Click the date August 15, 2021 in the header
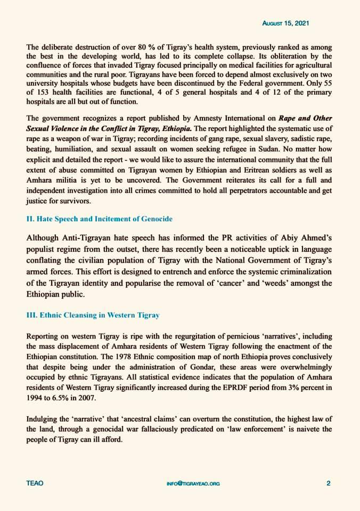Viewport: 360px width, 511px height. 286,24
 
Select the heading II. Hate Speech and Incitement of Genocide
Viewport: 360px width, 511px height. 99,219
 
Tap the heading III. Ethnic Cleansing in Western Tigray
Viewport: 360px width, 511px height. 93,315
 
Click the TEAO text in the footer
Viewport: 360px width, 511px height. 35,483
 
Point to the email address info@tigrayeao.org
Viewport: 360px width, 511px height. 193,483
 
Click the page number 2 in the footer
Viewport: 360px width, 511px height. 329,483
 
